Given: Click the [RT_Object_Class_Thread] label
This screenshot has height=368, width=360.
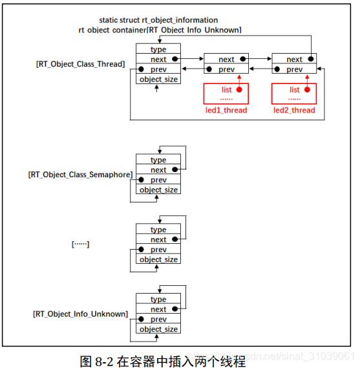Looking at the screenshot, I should [x=80, y=64].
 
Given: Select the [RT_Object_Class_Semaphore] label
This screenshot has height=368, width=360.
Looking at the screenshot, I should [x=80, y=175].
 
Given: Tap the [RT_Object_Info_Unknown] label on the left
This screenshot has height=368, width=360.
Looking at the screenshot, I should [x=80, y=314].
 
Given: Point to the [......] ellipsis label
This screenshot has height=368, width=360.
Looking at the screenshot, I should [x=80, y=244].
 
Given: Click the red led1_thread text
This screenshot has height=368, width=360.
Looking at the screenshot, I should [x=226, y=110].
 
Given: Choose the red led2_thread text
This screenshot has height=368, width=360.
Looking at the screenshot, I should [x=294, y=110].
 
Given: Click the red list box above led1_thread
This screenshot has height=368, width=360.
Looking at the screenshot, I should [x=226, y=93].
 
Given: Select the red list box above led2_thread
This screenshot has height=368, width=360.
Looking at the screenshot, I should [x=294, y=93].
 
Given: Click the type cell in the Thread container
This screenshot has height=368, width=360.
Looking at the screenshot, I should [x=158, y=49].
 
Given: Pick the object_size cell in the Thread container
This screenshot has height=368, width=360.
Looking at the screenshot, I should [x=158, y=79].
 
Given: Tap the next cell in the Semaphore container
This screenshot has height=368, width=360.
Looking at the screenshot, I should [x=158, y=170].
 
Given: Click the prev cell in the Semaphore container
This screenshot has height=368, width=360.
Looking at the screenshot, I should [x=158, y=180].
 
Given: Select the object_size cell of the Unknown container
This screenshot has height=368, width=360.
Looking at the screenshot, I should [x=158, y=329].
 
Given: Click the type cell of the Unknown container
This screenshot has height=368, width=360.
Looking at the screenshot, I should [x=158, y=299].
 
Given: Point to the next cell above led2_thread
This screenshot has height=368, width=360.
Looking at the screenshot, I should [x=294, y=59].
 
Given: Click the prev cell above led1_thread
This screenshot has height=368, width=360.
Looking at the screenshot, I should [x=226, y=69].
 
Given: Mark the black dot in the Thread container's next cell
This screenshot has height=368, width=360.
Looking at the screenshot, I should [x=175, y=60].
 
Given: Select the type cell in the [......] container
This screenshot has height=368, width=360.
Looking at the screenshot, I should [x=158, y=230].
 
